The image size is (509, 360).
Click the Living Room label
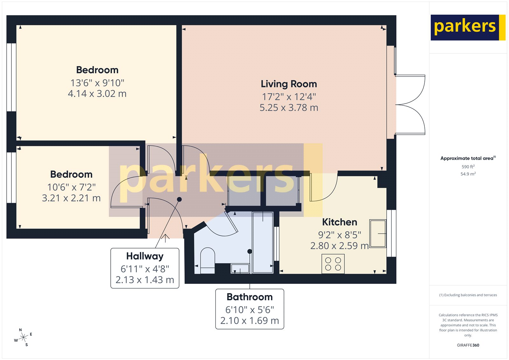[x=289, y=84]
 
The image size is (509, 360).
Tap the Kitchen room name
[x=339, y=222]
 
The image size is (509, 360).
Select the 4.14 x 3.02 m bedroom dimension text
[x=97, y=94]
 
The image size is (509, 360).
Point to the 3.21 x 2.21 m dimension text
[x=71, y=198]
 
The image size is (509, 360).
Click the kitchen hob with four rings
[x=333, y=264]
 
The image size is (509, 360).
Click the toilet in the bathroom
[x=208, y=260]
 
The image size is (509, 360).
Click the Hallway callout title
[x=145, y=256]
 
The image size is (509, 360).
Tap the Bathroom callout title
[x=249, y=297]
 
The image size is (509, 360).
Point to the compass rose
[x=23, y=337]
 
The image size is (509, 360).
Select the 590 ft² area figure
[x=468, y=167]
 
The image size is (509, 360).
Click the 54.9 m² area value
[x=468, y=174]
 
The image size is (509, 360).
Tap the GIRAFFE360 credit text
[x=468, y=345]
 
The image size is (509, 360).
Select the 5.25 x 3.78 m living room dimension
[x=289, y=108]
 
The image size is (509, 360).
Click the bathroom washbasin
[x=240, y=269]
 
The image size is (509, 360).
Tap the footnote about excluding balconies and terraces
[x=468, y=295]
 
